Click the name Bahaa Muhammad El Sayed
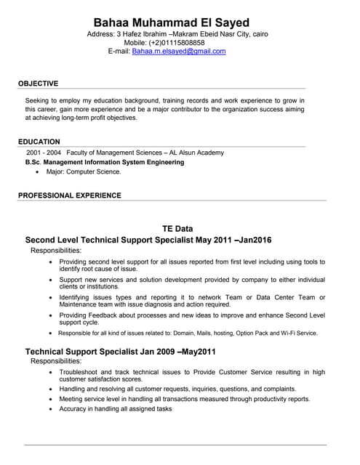[x=177, y=23]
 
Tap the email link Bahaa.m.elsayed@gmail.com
[x=179, y=52]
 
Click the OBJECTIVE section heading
[x=39, y=84]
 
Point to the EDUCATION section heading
[x=39, y=142]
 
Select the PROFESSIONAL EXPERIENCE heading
[x=70, y=195]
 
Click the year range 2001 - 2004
[x=43, y=153]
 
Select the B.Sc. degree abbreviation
[x=32, y=163]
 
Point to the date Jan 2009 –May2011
[x=175, y=352]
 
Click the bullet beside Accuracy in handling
[x=50, y=409]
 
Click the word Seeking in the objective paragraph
[x=39, y=100]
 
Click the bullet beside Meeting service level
[x=50, y=399]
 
